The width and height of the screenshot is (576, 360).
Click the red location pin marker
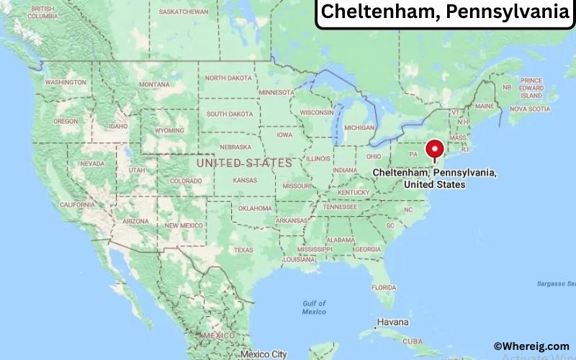(x=434, y=150)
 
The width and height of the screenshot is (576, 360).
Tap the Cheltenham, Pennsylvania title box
(x=444, y=12)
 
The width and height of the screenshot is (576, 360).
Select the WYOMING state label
(x=169, y=130)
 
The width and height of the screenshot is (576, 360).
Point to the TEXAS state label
(x=243, y=250)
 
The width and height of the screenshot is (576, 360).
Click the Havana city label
(x=393, y=322)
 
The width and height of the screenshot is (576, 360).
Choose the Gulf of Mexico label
(x=314, y=307)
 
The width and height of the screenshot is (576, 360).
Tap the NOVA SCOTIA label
(x=529, y=109)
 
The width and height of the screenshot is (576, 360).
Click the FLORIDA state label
(x=384, y=287)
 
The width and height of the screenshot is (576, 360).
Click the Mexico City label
(x=264, y=354)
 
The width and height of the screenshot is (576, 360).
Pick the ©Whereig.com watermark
(x=531, y=346)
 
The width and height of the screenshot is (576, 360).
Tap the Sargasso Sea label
(x=556, y=284)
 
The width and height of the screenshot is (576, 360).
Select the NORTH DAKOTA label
(x=229, y=78)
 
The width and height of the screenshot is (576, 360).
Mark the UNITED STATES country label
(x=244, y=163)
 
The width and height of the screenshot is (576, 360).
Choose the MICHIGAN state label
(x=359, y=127)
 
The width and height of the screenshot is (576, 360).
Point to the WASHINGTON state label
(x=66, y=82)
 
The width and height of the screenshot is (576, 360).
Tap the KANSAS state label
(x=245, y=179)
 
